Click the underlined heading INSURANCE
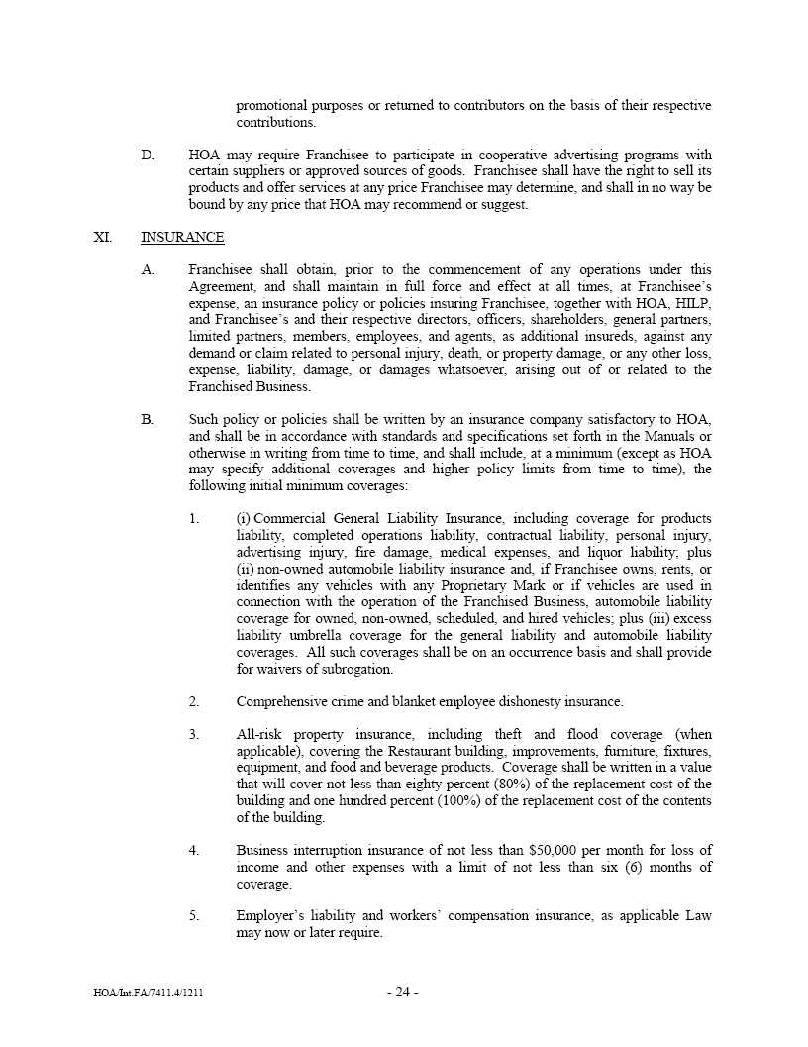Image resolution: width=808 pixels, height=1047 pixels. (x=182, y=238)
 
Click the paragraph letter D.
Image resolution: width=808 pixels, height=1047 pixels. (x=148, y=156)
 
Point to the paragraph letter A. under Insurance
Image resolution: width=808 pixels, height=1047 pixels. (x=148, y=269)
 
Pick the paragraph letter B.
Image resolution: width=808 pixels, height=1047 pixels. (x=148, y=420)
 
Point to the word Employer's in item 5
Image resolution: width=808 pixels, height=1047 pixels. (x=268, y=916)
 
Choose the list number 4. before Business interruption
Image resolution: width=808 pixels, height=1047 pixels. (x=194, y=851)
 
